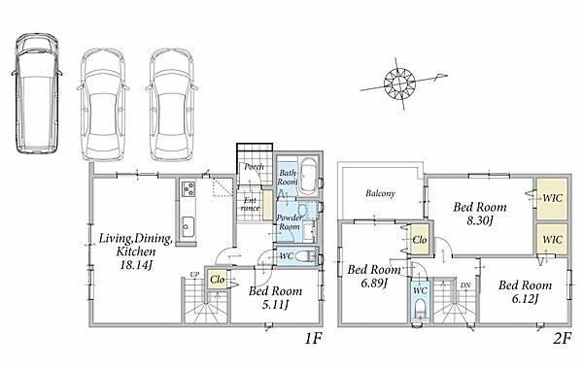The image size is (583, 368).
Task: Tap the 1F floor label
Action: (313, 339)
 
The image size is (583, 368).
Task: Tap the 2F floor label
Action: (562, 339)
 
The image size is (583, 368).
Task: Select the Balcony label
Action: (380, 193)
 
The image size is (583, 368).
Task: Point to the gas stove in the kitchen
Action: (188, 188)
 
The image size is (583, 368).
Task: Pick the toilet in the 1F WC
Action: (306, 256)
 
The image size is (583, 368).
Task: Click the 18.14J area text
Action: (136, 265)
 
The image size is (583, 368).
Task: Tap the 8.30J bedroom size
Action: (480, 220)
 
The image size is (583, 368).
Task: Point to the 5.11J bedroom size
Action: (275, 305)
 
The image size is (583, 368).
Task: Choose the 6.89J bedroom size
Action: (374, 284)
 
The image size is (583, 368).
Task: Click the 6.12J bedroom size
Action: (525, 299)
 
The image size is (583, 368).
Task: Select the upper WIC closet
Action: (552, 198)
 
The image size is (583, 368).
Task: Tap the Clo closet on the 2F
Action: (420, 240)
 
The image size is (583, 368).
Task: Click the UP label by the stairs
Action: (194, 275)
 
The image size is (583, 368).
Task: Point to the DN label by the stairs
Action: (465, 285)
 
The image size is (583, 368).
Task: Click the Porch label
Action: (254, 167)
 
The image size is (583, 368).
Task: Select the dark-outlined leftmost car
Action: (37, 93)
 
